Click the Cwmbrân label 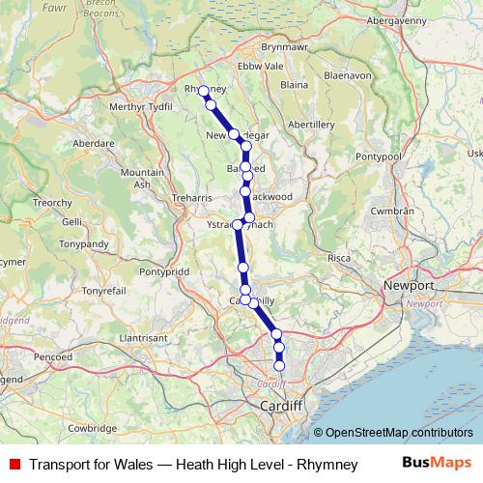(x=393, y=211)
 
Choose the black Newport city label (x=410, y=287)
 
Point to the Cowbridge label (x=93, y=428)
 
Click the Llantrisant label (x=145, y=338)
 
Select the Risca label (x=339, y=259)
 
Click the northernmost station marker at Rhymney (x=204, y=91)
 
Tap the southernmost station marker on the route (x=280, y=366)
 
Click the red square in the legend (x=15, y=465)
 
